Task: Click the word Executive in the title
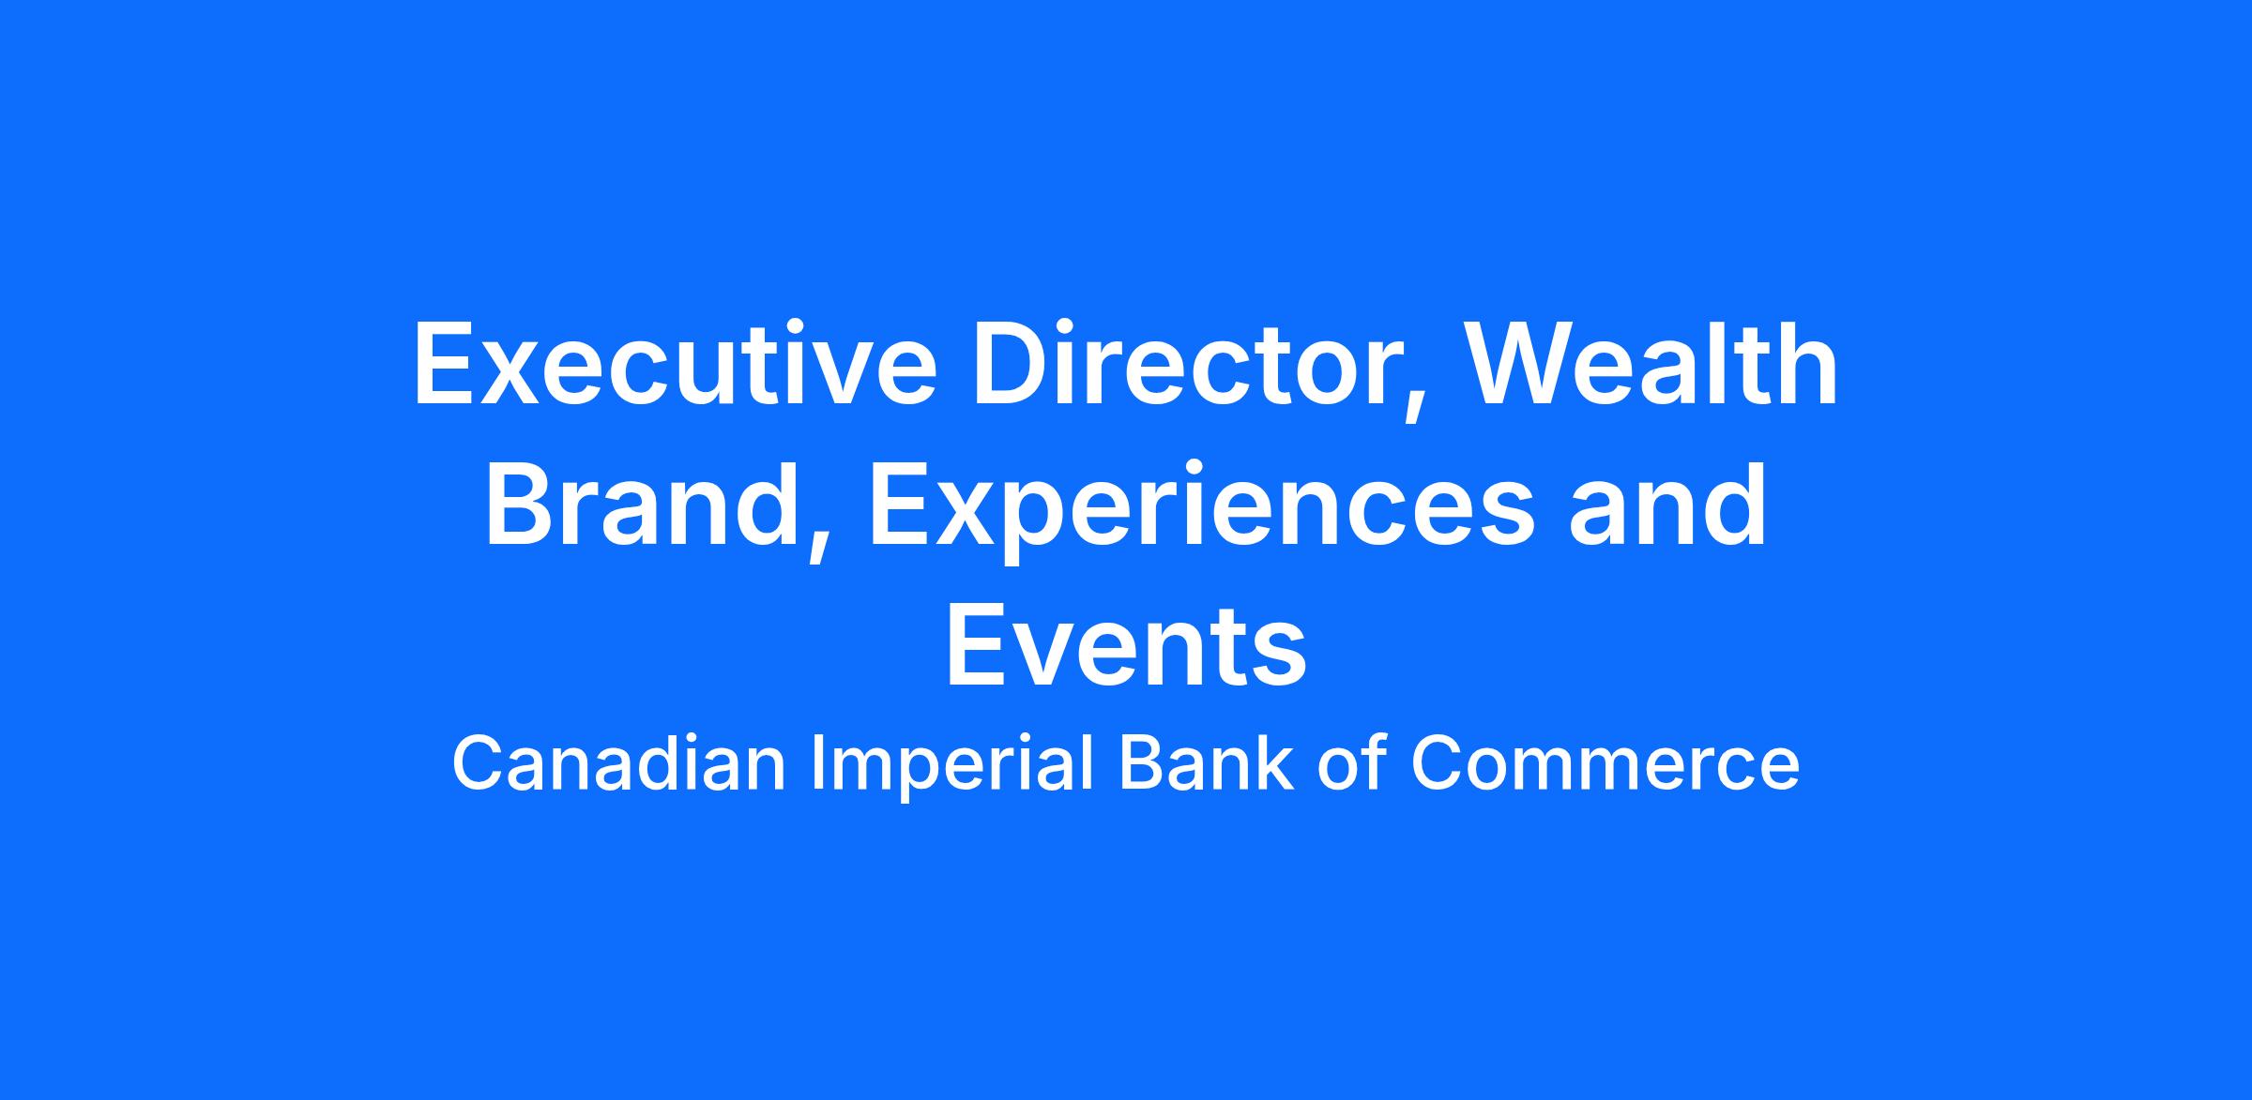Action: [675, 364]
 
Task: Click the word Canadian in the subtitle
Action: [618, 763]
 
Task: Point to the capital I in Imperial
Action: [816, 763]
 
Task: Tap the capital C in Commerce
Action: [1438, 763]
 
